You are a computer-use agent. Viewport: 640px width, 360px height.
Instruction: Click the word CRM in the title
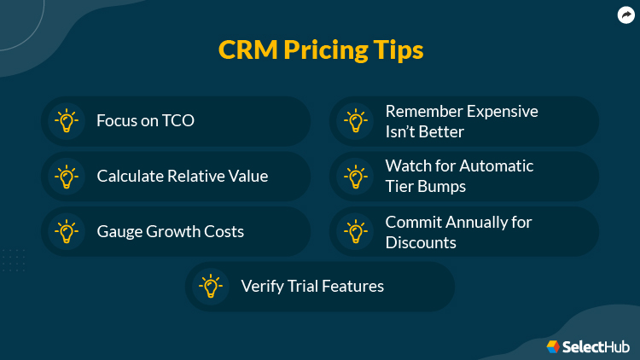click(x=245, y=49)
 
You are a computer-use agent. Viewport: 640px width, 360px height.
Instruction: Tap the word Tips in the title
click(x=398, y=50)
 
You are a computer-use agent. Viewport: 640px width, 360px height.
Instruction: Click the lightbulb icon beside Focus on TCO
click(x=66, y=121)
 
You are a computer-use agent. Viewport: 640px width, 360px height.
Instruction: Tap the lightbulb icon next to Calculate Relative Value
click(x=66, y=177)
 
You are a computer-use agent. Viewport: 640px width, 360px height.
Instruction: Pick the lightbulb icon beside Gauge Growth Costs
click(x=66, y=231)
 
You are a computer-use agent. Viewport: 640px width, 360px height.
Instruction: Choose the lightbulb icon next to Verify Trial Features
click(x=210, y=286)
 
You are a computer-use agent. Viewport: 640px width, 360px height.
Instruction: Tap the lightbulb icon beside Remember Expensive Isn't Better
click(x=355, y=121)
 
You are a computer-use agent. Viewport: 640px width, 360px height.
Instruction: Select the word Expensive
click(x=499, y=112)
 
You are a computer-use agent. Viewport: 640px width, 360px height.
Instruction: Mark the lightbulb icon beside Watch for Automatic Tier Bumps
click(x=355, y=177)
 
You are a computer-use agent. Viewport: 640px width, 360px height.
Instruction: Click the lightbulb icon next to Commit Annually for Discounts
click(x=355, y=231)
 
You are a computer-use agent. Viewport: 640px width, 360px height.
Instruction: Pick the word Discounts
click(x=421, y=242)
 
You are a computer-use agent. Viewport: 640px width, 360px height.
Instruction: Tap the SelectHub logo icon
click(x=553, y=346)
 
